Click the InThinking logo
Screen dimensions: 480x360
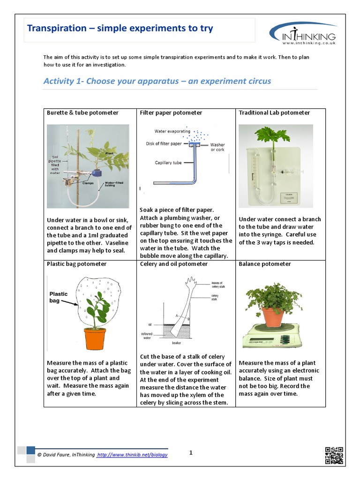click(303, 33)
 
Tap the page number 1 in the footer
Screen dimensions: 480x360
click(191, 452)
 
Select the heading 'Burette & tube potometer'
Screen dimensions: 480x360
click(82, 112)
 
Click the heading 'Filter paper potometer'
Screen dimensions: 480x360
click(171, 112)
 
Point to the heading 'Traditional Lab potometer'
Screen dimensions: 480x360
click(274, 112)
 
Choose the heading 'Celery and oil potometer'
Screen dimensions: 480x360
click(173, 264)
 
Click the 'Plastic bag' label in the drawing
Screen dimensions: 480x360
click(59, 297)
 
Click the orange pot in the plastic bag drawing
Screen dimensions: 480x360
click(95, 338)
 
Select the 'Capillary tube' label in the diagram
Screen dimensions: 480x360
click(167, 163)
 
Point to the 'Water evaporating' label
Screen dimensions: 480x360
click(172, 131)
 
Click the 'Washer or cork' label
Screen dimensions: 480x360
click(217, 147)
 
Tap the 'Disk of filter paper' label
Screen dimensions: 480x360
click(164, 144)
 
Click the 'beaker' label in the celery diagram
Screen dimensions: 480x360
click(177, 343)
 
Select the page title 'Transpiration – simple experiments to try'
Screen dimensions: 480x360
click(120, 29)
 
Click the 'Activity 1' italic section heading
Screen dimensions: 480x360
click(157, 81)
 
